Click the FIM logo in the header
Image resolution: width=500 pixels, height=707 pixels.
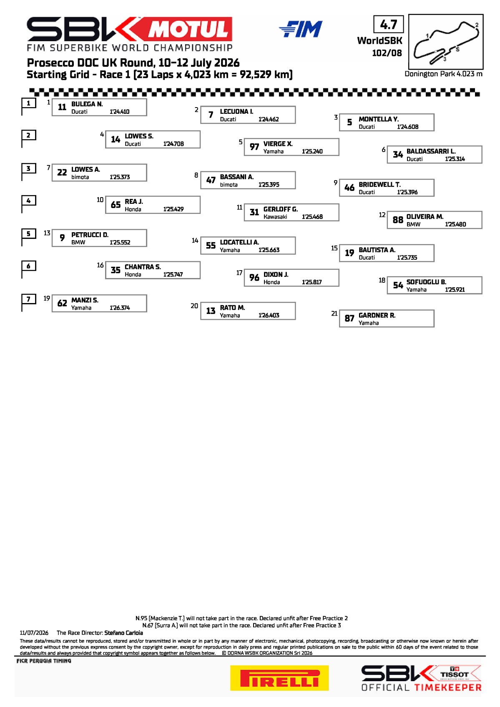[301, 29]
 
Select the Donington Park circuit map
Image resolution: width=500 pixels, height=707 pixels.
[446, 42]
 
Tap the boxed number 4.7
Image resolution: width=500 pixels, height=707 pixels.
[389, 24]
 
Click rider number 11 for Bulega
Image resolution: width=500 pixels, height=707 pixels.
[62, 107]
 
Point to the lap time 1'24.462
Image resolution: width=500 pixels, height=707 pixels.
[269, 119]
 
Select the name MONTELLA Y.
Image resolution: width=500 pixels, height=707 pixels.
[379, 119]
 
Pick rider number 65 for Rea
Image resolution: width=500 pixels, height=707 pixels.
[116, 205]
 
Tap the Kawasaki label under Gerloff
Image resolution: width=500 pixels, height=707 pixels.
[275, 217]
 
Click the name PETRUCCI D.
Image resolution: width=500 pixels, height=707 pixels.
[90, 235]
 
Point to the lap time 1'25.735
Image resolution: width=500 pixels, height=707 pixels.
[407, 258]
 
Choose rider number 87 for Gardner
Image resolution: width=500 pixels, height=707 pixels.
[349, 318]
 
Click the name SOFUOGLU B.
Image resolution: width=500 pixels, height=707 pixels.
[427, 282]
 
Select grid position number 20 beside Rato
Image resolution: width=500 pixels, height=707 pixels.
[194, 306]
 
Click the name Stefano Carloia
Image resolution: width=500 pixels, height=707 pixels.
[124, 633]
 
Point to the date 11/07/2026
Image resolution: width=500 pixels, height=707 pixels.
[34, 633]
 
